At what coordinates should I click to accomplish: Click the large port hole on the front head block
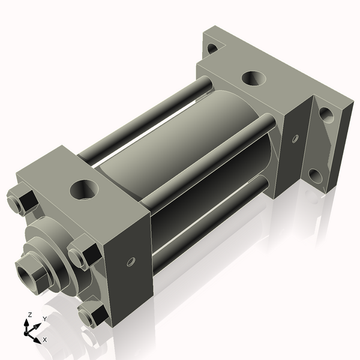pos(83,189)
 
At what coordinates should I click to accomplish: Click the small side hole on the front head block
pos(131,262)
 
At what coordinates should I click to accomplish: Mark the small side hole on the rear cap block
pos(295,139)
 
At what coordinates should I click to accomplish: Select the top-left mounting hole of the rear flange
pos(212,48)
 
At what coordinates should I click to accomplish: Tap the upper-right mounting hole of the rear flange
pos(325,113)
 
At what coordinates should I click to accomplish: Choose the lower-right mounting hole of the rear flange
pos(316,176)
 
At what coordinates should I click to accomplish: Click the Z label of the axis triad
pos(29,315)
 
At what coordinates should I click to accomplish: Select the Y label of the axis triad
pos(44,319)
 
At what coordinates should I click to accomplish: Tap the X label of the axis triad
pos(44,340)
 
